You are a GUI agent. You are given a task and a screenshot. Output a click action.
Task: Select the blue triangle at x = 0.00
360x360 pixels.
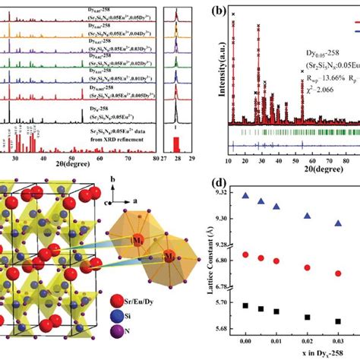[x=245, y=196]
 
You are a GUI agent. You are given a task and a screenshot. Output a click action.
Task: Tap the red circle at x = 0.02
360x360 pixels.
[x=307, y=267]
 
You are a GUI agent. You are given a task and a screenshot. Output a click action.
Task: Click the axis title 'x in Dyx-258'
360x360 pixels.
[x=290, y=355]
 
